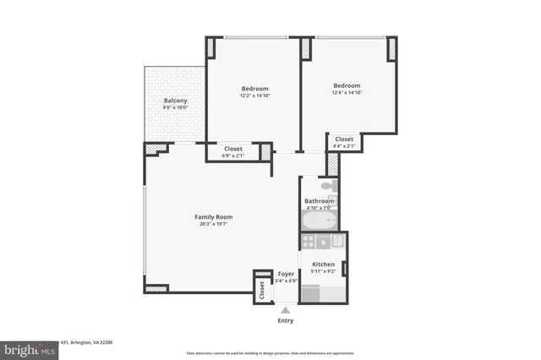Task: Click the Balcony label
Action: click(x=175, y=101)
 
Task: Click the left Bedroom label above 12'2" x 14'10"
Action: click(x=254, y=89)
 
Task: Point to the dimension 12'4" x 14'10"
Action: click(x=347, y=92)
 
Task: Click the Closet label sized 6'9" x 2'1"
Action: click(x=232, y=150)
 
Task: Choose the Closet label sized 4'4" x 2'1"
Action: click(x=345, y=139)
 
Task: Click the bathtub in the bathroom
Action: click(x=320, y=221)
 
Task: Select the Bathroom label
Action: click(x=320, y=201)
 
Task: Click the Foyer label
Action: click(x=286, y=275)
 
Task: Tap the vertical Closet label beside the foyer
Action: click(x=262, y=290)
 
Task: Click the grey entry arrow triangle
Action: click(x=286, y=310)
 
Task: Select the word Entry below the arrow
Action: click(x=286, y=321)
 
